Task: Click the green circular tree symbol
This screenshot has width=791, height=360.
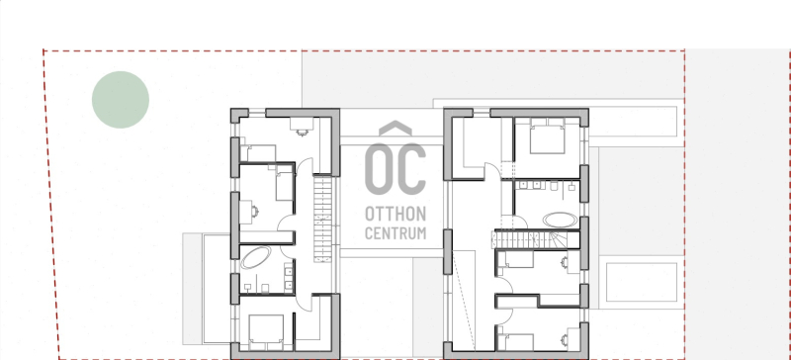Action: point(121,100)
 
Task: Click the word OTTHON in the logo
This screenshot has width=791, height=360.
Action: point(395,214)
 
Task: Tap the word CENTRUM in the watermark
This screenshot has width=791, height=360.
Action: point(395,233)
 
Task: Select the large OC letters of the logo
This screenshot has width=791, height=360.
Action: point(395,169)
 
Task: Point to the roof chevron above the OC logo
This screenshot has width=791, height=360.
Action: point(395,129)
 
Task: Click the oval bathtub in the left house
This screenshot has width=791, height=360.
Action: point(256,257)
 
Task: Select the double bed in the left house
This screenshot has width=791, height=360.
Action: point(266,331)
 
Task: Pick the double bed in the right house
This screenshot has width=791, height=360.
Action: point(547,135)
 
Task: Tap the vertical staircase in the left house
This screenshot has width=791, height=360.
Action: point(323,219)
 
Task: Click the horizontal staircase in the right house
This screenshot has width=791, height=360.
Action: point(536,238)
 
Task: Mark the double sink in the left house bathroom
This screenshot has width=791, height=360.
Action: point(289,278)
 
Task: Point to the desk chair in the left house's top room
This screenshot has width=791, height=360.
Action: point(303,133)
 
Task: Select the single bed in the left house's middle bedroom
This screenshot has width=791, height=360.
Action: point(285,186)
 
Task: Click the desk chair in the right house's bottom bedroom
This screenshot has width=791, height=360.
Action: point(565,341)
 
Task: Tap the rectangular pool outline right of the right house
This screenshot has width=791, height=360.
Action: point(641,282)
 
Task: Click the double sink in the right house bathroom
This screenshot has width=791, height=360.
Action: point(530,185)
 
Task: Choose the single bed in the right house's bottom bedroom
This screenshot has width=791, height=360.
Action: point(515,342)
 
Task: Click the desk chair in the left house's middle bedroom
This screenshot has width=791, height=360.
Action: point(255,212)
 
